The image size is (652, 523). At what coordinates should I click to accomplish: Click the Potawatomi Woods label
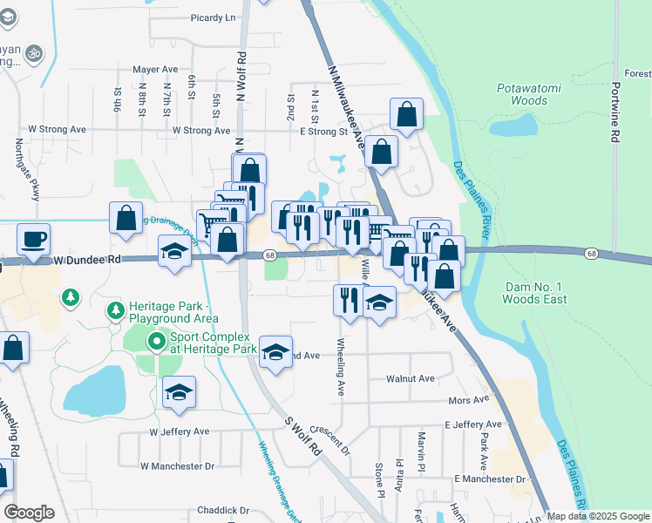tap(521, 94)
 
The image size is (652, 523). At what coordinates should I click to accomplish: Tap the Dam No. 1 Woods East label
tap(535, 293)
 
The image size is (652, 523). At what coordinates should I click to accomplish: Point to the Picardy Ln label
tap(213, 17)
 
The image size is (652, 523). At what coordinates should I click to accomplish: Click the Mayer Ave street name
tap(155, 69)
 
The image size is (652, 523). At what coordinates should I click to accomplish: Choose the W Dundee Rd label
tap(85, 260)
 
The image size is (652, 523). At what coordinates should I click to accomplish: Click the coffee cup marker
tap(34, 238)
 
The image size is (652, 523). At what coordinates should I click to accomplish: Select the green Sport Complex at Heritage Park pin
tap(156, 342)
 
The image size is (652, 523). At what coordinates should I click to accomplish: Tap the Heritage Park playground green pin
tap(115, 310)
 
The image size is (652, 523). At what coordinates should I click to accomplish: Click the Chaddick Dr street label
tap(223, 511)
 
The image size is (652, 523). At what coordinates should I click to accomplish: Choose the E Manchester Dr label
tap(490, 479)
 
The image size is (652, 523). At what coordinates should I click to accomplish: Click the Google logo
tap(30, 513)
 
